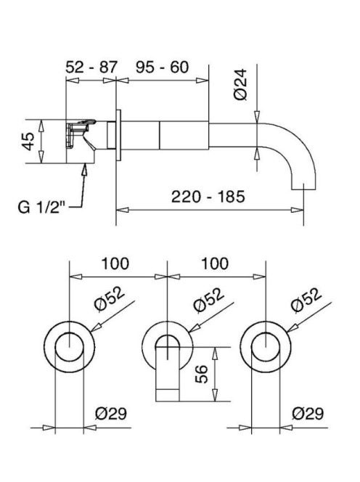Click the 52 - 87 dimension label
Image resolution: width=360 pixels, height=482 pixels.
pos(91,67)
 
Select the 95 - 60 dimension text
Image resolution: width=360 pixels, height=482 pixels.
pos(162,67)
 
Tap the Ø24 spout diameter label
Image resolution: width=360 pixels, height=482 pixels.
pos(240,84)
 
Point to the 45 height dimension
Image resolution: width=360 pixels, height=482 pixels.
pos(28,142)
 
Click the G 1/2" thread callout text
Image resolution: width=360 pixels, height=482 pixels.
pos(41,207)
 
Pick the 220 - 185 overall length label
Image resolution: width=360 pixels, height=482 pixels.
pos(208,197)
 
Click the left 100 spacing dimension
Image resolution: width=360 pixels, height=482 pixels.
pos(115,264)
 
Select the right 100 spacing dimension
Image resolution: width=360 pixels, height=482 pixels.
pos(215,264)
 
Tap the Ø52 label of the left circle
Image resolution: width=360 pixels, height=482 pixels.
pos(110,299)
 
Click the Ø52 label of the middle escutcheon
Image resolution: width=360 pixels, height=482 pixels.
pos(209,299)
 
